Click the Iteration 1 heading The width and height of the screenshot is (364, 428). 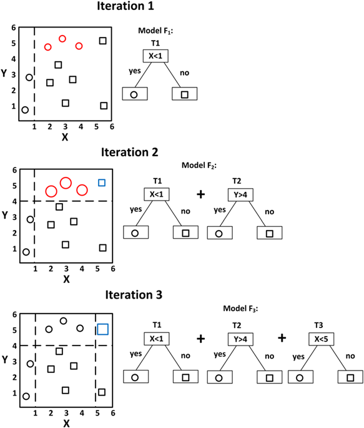coord(125,6)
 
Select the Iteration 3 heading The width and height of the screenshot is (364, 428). coord(134,295)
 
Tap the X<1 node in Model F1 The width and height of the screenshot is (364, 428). coord(155,56)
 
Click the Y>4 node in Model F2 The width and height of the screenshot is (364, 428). coord(240,194)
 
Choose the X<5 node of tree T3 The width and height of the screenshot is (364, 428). coord(321,339)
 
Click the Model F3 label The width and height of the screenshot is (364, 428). coord(240,309)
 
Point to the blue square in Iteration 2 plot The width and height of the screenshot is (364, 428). coord(102,182)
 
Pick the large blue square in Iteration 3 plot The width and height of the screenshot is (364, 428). coord(103,329)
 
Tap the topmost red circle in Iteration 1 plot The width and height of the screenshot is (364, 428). coord(62,39)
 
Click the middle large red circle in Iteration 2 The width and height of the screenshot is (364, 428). coord(66,183)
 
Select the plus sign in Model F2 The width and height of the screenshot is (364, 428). coord(200,194)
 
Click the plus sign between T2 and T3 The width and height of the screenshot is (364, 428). coord(282,338)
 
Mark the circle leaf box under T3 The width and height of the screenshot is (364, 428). coord(300,377)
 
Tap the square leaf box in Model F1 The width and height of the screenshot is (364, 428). coord(185,94)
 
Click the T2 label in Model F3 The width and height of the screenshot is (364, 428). coord(237,326)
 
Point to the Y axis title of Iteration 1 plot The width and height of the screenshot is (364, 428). coord(4,73)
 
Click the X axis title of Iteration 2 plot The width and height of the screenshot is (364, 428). coord(66,279)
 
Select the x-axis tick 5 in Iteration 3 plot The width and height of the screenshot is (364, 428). coord(97,413)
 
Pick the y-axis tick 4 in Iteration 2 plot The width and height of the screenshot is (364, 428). coord(15,201)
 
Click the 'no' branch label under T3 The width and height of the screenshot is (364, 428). coord(350,356)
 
